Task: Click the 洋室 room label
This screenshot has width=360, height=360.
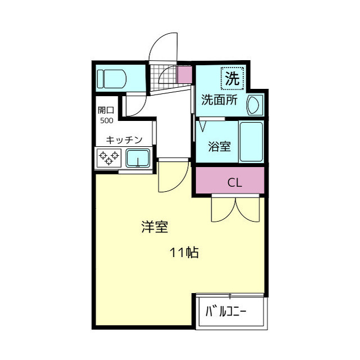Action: (x=155, y=227)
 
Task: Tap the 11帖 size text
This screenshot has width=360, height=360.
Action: (x=184, y=253)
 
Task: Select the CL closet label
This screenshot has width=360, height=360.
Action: (x=235, y=183)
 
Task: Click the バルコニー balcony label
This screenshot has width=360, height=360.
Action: (x=226, y=311)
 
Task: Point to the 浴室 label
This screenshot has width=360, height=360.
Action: (x=219, y=147)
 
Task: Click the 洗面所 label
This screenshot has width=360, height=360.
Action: (x=219, y=101)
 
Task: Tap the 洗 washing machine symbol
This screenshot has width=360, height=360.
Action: (x=232, y=79)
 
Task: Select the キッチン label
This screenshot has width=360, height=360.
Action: (x=124, y=139)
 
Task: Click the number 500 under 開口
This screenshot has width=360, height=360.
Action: (x=106, y=120)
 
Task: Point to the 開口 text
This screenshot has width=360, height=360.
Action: (x=106, y=110)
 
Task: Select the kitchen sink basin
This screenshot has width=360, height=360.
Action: (x=137, y=158)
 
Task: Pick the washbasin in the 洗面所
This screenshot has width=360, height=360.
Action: (x=254, y=105)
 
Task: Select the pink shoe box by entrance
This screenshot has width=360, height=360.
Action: (x=184, y=74)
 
